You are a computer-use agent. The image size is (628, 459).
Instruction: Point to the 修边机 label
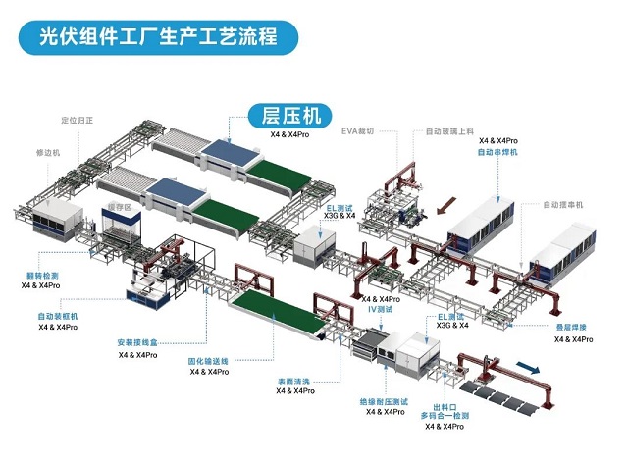coord(48,153)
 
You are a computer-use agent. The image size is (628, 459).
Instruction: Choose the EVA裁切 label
coord(359,130)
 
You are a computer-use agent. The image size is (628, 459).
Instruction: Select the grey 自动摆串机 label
coord(563,205)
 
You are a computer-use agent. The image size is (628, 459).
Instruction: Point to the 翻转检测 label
coord(40,276)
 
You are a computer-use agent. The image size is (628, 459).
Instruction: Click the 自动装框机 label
coord(58,317)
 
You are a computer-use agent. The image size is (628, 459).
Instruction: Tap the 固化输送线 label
coord(209,361)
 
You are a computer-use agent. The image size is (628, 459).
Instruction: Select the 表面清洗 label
coord(293,381)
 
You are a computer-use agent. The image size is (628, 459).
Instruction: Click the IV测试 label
coord(380,308)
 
